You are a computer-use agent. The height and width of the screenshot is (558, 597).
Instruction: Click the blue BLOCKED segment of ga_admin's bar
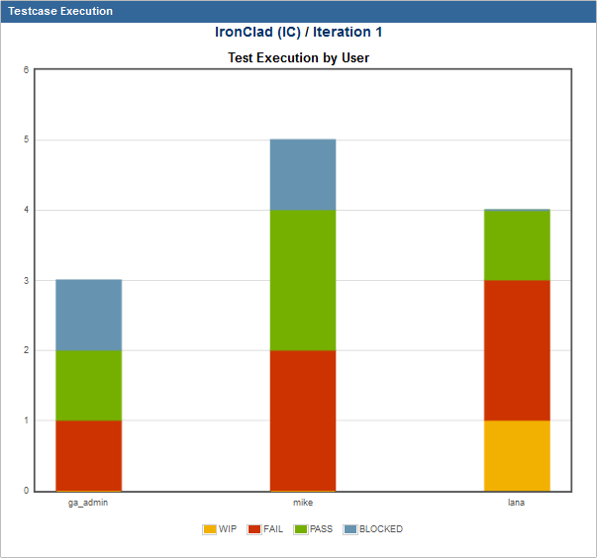[88, 315]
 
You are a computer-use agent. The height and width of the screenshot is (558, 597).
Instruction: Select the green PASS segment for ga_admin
[88, 385]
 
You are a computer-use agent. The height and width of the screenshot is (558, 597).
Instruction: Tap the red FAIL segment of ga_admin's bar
[88, 455]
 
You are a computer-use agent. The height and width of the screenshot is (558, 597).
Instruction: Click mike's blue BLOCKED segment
[303, 174]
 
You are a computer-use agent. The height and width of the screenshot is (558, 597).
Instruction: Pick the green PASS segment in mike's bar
[303, 280]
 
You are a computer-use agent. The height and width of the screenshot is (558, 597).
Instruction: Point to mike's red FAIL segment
[303, 419]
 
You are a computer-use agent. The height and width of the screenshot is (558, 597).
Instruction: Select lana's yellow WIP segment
[517, 455]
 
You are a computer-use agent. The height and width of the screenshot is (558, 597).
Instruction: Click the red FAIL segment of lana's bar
[517, 350]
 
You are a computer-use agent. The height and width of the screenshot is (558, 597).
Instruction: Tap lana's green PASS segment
[517, 245]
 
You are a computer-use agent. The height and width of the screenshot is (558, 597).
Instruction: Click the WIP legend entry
[220, 529]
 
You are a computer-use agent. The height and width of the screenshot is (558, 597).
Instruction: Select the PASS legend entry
[314, 529]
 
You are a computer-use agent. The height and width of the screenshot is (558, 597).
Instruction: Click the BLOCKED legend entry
[373, 529]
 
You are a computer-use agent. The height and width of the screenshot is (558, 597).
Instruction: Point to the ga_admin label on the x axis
[88, 503]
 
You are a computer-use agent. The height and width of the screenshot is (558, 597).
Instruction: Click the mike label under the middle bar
[303, 503]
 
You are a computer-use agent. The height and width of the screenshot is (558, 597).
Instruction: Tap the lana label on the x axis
[517, 503]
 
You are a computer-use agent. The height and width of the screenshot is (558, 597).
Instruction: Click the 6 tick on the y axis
[26, 70]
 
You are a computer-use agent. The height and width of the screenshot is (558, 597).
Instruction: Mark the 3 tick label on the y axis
[26, 281]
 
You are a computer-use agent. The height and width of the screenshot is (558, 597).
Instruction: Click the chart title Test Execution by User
[298, 57]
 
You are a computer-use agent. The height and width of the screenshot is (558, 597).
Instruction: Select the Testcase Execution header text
[60, 11]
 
